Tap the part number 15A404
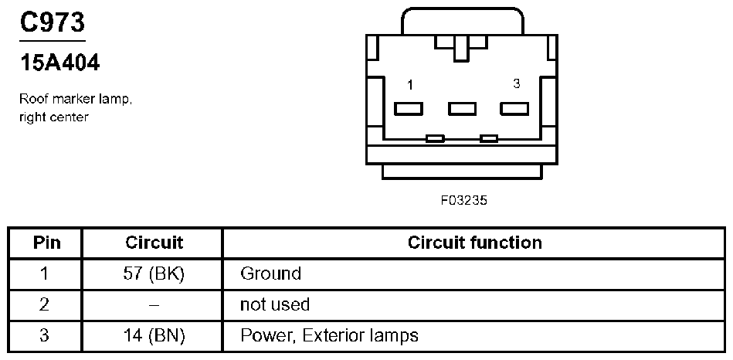(59, 63)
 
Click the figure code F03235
(464, 199)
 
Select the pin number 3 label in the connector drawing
(516, 83)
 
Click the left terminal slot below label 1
(409, 108)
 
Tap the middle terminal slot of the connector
(462, 108)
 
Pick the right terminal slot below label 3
(514, 108)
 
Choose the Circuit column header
(154, 243)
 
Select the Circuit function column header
(474, 243)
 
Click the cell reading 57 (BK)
(154, 273)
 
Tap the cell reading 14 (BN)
(154, 335)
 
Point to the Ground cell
(270, 273)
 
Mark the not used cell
(275, 304)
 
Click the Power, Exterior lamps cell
(329, 335)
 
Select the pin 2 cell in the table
(45, 304)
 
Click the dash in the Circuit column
(154, 304)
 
